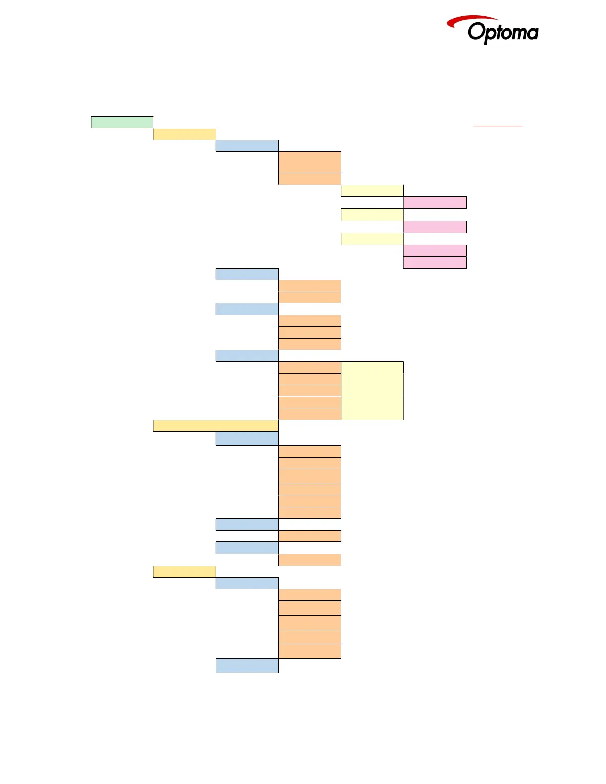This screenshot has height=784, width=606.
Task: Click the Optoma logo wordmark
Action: pyautogui.click(x=503, y=33)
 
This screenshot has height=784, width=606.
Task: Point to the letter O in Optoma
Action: pyautogui.click(x=476, y=32)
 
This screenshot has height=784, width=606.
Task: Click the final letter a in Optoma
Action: pyautogui.click(x=532, y=34)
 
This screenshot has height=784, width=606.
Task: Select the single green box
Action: pyautogui.click(x=122, y=122)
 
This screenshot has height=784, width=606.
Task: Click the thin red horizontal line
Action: pyautogui.click(x=498, y=126)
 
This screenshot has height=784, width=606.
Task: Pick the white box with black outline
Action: pyautogui.click(x=309, y=666)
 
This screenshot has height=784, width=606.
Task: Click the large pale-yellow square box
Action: pyautogui.click(x=372, y=391)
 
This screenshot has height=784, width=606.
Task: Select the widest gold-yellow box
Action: pyautogui.click(x=215, y=426)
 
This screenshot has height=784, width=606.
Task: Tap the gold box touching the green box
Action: pyautogui.click(x=184, y=134)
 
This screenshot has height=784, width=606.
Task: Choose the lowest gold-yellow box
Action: pyautogui.click(x=184, y=572)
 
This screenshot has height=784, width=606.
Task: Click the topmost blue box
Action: pyautogui.click(x=247, y=146)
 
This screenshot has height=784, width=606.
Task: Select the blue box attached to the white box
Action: pyautogui.click(x=247, y=666)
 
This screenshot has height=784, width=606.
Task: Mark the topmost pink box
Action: pyautogui.click(x=435, y=202)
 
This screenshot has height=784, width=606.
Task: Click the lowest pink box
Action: pyautogui.click(x=435, y=262)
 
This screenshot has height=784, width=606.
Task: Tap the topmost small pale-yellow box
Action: pyautogui.click(x=372, y=191)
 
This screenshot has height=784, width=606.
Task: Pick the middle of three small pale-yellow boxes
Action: pyautogui.click(x=372, y=214)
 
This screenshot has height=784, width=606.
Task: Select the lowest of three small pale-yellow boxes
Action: pyautogui.click(x=372, y=239)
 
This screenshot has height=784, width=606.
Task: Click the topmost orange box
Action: pyautogui.click(x=309, y=162)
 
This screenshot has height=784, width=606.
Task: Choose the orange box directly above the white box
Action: pyautogui.click(x=309, y=651)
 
